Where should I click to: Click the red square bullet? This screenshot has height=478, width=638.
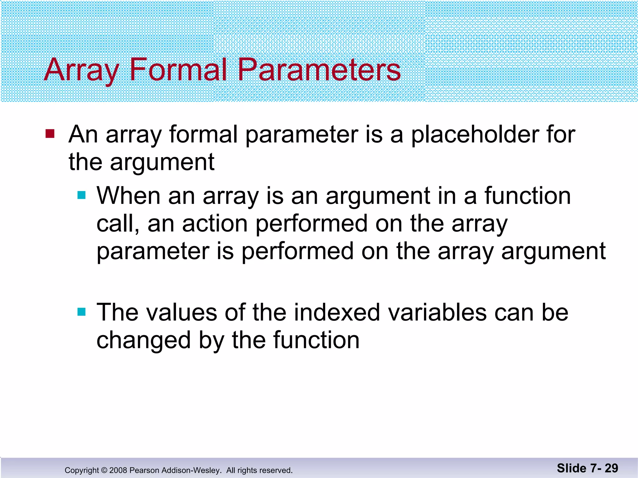coord(50,134)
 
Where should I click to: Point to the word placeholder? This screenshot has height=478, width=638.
coord(474,134)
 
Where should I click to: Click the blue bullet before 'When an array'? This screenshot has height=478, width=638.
coord(81,195)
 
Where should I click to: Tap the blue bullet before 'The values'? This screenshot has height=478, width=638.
coord(81,312)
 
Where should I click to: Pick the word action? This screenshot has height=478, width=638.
coord(215,223)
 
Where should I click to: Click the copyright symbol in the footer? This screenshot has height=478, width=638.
coord(104,470)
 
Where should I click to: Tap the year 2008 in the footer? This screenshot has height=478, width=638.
coord(118,470)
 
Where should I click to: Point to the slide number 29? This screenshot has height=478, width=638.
coord(611,468)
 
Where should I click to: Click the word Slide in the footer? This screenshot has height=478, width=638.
coord(572,468)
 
